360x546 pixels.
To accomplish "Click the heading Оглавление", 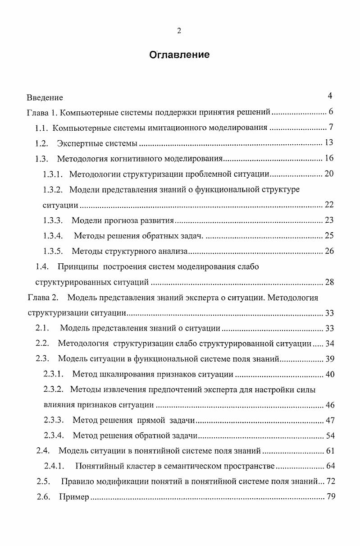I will coord(179,55).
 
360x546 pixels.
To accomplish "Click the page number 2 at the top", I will coord(179,31).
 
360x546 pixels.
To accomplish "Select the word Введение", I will coord(45,97).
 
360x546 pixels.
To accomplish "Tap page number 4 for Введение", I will coord(330,96).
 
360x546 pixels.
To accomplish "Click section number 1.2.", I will coord(41,143).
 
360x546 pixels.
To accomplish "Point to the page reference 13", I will coord(329,143).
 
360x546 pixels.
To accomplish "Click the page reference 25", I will coord(329,235).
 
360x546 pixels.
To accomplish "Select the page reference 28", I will coord(329,282).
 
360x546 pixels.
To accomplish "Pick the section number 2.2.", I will coord(42,344).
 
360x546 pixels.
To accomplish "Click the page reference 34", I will coord(329,344).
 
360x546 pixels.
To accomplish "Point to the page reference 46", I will coord(329,405).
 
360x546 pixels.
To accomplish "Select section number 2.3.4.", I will coord(54,436).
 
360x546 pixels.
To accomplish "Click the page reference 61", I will coord(329,451).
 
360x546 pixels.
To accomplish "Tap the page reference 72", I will coord(331,482).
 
